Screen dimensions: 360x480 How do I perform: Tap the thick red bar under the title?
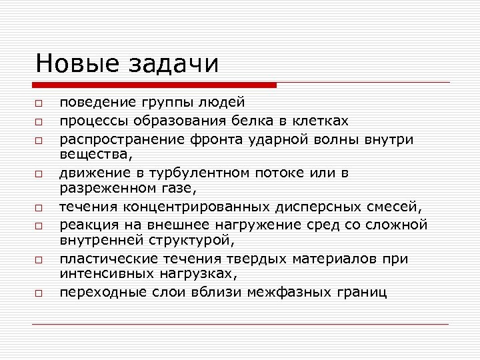(x=154, y=85)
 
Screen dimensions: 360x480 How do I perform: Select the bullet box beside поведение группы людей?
(x=39, y=103)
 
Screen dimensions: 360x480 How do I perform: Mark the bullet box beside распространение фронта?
(x=39, y=141)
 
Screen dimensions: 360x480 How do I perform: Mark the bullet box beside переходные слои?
(x=39, y=293)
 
